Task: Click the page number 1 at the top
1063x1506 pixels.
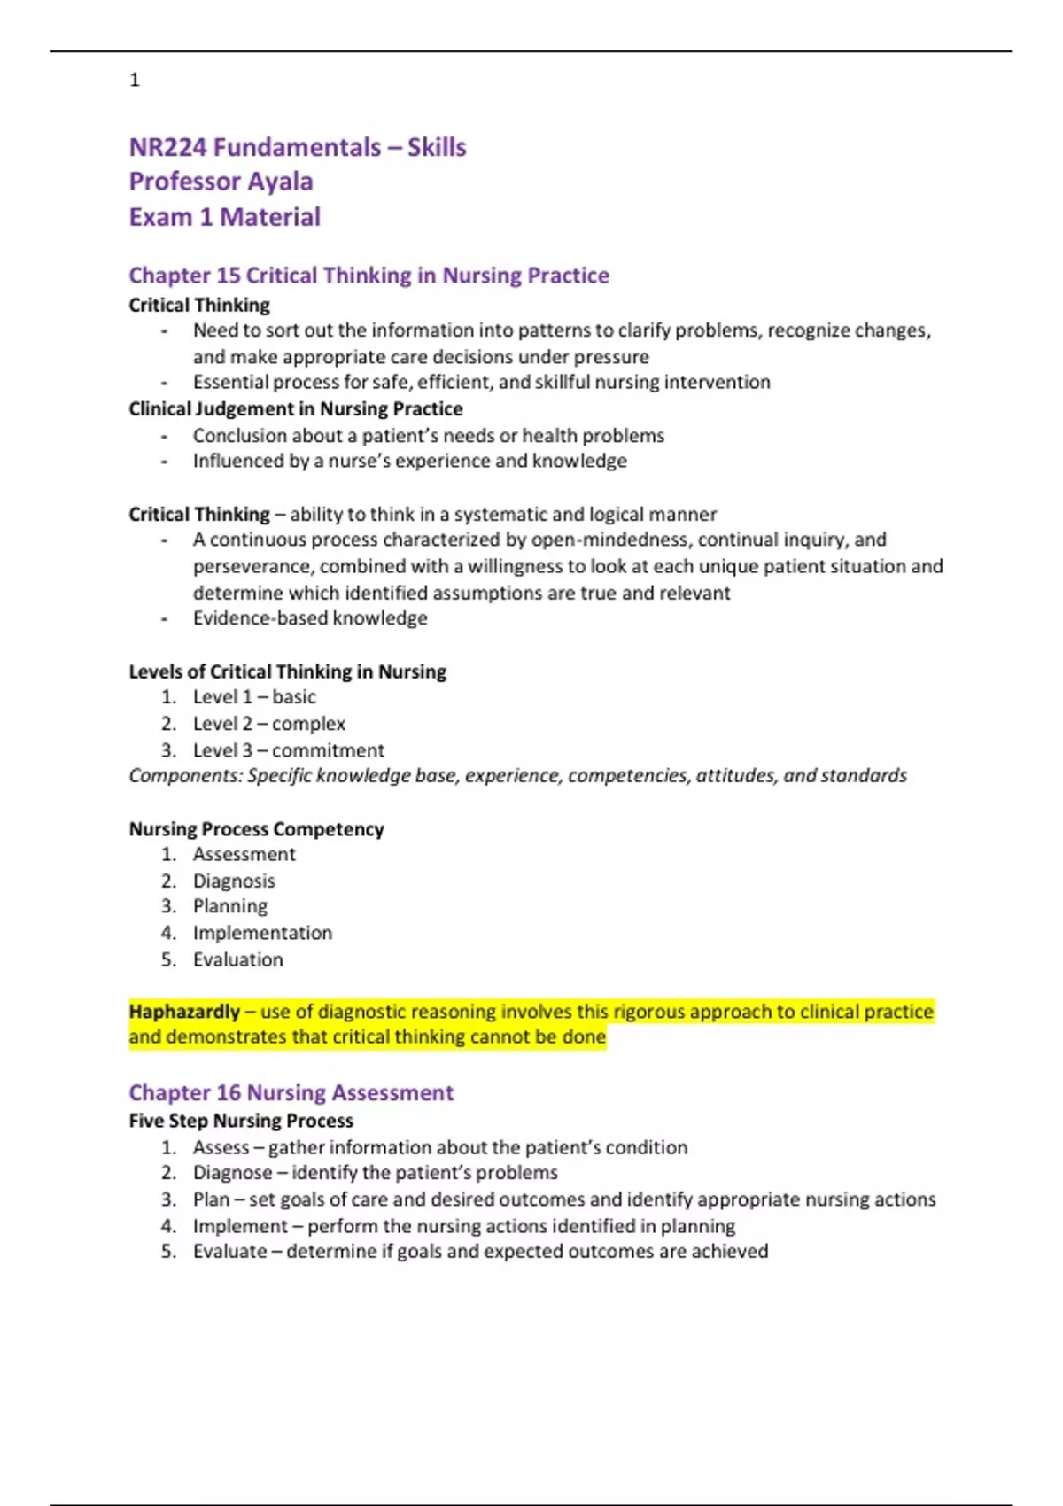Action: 135,81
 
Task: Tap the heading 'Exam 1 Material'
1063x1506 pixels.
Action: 224,217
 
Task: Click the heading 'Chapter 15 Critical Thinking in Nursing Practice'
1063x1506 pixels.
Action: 369,276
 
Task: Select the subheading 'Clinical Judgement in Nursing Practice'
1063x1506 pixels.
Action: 296,409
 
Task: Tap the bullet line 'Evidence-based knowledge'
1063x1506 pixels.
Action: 310,618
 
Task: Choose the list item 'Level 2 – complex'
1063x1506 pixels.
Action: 268,724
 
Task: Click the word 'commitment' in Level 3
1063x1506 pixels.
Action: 328,750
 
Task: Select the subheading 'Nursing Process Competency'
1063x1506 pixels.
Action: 256,829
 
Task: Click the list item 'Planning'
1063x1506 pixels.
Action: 230,906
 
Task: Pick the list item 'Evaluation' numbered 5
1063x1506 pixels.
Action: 238,959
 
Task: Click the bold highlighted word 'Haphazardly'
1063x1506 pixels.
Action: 184,1012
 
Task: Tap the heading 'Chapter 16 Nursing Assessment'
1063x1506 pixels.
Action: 291,1093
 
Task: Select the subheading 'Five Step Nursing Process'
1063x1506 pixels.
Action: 241,1121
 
